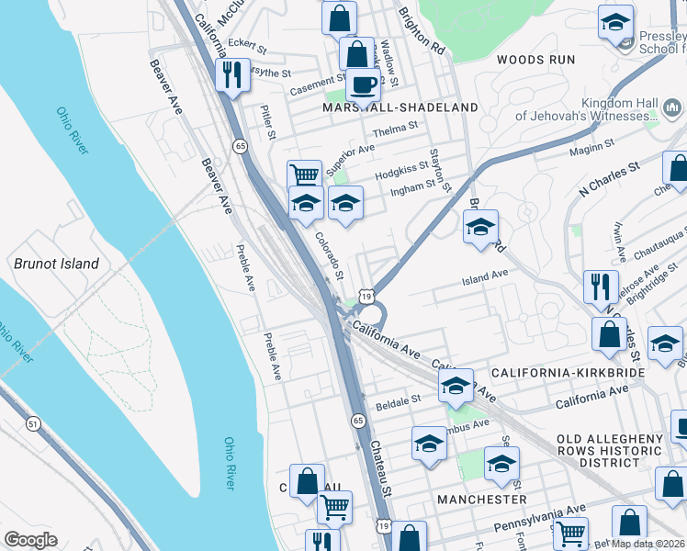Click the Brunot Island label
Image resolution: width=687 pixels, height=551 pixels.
(56, 264)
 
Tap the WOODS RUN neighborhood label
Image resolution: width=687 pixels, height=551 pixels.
(535, 60)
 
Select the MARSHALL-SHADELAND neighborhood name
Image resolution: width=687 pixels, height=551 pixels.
(400, 107)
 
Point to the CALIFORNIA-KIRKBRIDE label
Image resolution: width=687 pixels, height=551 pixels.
(565, 374)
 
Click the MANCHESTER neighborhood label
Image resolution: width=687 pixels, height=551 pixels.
(482, 499)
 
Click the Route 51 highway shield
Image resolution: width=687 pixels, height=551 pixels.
(33, 423)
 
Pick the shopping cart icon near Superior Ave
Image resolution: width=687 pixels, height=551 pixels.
(304, 174)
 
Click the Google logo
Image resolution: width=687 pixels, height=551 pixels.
(30, 540)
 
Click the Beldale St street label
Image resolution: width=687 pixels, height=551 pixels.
(396, 400)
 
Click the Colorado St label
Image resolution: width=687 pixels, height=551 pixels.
(328, 255)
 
